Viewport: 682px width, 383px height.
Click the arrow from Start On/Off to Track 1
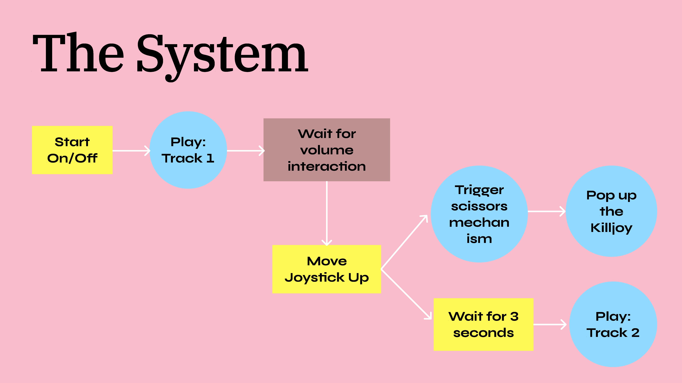tap(131, 151)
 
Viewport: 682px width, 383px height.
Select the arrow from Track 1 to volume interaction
tap(245, 151)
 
